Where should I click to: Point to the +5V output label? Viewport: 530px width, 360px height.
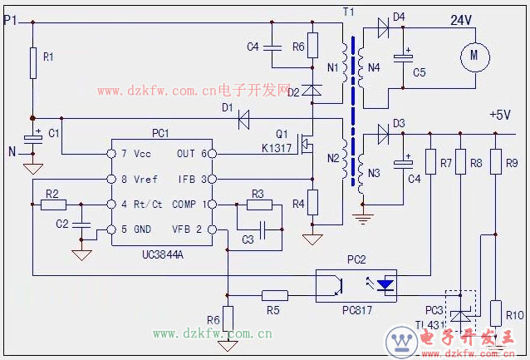[x=500, y=114]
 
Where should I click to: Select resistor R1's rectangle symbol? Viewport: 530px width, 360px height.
[x=32, y=63]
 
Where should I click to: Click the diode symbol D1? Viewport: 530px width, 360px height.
[x=243, y=119]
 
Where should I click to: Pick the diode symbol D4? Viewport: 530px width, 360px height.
[x=383, y=27]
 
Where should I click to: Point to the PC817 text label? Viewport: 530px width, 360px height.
[x=355, y=309]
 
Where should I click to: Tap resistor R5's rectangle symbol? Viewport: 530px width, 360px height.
[x=275, y=294]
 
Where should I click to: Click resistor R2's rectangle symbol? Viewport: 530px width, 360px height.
[x=52, y=204]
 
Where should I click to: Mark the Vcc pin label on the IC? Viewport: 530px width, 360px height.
[x=142, y=155]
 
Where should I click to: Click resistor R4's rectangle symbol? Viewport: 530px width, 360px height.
[x=312, y=203]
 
